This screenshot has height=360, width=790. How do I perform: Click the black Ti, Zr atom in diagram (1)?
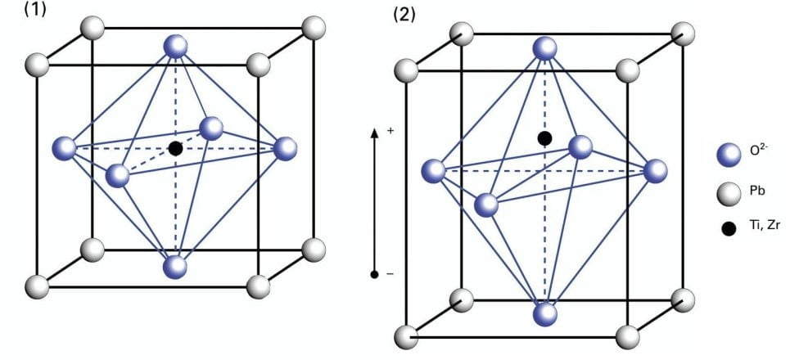tap(174, 148)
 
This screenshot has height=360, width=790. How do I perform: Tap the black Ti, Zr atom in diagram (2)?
tap(544, 137)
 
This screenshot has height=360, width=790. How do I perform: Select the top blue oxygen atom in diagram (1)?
tap(176, 47)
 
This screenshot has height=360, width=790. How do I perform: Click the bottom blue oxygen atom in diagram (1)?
tap(175, 267)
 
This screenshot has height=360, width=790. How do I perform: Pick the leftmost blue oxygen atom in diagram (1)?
tap(63, 149)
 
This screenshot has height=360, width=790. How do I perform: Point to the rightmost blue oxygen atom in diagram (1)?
tap(285, 148)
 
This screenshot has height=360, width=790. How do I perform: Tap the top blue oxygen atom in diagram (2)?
tap(545, 49)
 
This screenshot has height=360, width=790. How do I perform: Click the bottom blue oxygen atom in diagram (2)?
tap(545, 313)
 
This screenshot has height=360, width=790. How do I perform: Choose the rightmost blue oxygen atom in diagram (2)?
tap(656, 171)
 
